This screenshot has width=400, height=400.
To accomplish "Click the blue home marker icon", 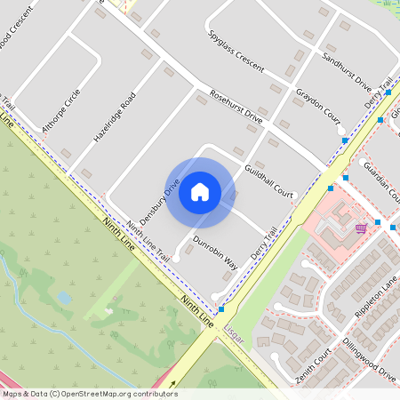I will click(x=200, y=191).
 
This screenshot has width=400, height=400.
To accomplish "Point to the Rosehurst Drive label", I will click(x=236, y=105).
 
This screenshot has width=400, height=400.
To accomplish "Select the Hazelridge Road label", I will click(x=115, y=118).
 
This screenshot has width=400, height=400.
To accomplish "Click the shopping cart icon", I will click(x=360, y=228).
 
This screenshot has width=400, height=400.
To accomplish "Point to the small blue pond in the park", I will click(x=63, y=297).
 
